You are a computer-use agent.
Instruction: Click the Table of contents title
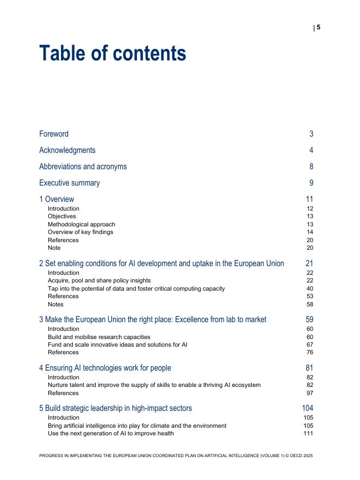coord(113,54)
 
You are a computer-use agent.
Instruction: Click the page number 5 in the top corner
coord(319,27)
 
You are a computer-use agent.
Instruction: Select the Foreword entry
coord(54,134)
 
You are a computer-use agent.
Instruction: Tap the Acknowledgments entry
coord(67,150)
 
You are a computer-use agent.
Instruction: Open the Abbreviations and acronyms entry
coord(83,167)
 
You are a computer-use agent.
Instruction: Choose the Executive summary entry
coord(69,183)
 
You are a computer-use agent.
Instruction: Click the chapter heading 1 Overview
coord(57,199)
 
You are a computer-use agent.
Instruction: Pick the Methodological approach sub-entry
coord(81,224)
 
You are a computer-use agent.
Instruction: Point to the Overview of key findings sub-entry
coord(80,232)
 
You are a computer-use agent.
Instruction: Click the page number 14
coord(309,232)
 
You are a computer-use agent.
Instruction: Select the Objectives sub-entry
coord(61,216)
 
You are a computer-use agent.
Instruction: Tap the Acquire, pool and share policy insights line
coord(99,281)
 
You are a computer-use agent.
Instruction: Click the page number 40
coord(309,288)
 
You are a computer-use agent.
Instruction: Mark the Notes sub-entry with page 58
coord(55,304)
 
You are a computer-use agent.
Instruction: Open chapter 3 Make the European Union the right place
coord(152,319)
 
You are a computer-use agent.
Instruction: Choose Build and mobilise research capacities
coord(98,337)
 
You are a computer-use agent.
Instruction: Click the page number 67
coord(309,344)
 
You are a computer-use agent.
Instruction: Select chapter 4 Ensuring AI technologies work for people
coord(105,368)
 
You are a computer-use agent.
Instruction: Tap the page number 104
coord(307,408)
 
